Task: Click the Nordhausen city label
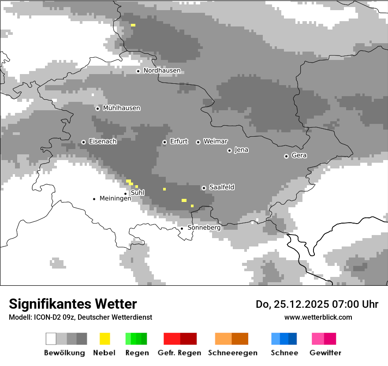[162, 71]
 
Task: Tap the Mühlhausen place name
[121, 108]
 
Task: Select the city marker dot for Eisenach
[83, 142]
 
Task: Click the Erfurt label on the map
[179, 142]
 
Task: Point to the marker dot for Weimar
[198, 142]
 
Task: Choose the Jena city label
[241, 150]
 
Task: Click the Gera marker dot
[286, 156]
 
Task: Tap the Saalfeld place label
[221, 187]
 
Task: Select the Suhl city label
[138, 193]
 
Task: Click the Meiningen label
[115, 198]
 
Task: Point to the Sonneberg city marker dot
[182, 228]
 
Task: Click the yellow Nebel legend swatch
[104, 339]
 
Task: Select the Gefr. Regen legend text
[179, 353]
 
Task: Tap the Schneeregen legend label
[232, 353]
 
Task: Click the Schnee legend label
[284, 353]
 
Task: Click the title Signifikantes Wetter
[73, 304]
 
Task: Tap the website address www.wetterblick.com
[318, 317]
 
